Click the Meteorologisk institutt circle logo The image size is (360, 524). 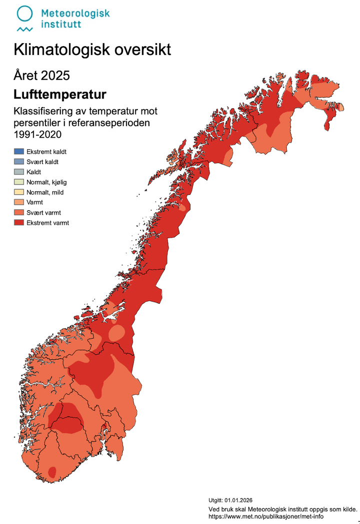pos(24,14)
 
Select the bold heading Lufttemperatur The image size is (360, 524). pos(60,94)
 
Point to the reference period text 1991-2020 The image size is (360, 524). pos(37,134)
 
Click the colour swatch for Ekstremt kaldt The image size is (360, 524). pos(18,151)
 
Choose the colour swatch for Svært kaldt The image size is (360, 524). pos(18,162)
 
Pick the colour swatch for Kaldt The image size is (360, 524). pos(18,172)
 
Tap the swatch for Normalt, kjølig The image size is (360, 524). pos(18,182)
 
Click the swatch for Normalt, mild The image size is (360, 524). pos(18,192)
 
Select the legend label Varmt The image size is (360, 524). pos(34,203)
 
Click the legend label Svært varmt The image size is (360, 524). pos(44,213)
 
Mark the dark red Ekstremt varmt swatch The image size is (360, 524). pos(18,223)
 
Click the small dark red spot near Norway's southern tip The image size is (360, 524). pos(52,471)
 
